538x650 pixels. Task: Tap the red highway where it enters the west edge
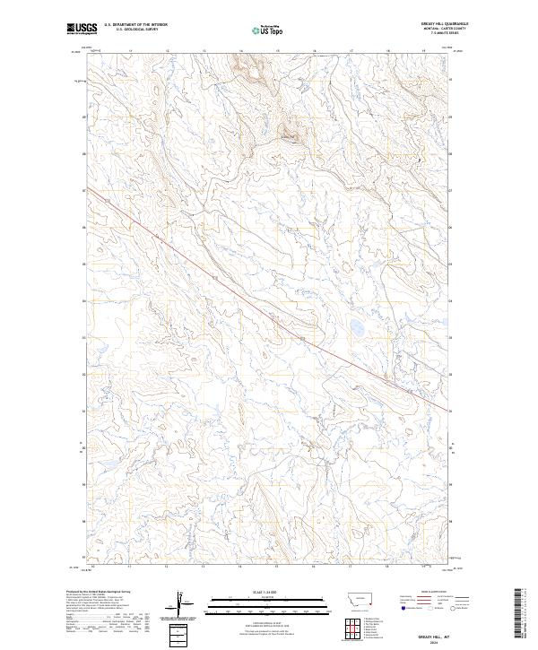tap(93, 195)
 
